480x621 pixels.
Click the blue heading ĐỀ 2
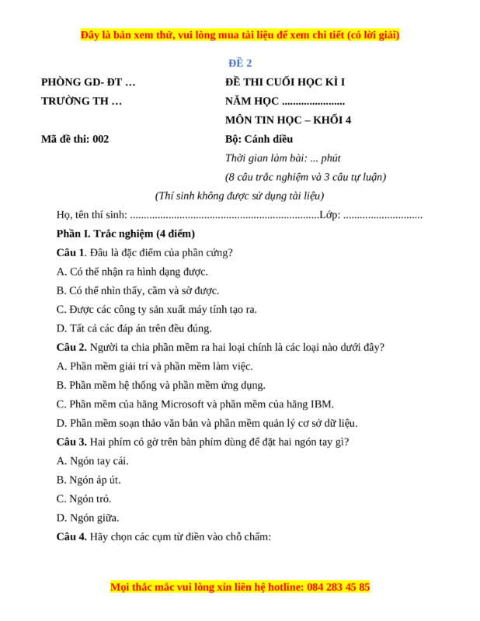click(239, 63)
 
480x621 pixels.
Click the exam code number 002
click(100, 139)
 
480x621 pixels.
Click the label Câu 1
click(70, 252)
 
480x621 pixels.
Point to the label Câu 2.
click(71, 347)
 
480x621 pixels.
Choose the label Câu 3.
click(71, 442)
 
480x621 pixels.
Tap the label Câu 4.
click(71, 536)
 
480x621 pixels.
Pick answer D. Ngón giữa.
click(88, 518)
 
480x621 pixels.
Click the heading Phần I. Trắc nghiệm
click(125, 234)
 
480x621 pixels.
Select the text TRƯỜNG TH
click(82, 101)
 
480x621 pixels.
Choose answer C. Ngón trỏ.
click(84, 498)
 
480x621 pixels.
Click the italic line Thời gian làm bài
click(283, 158)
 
